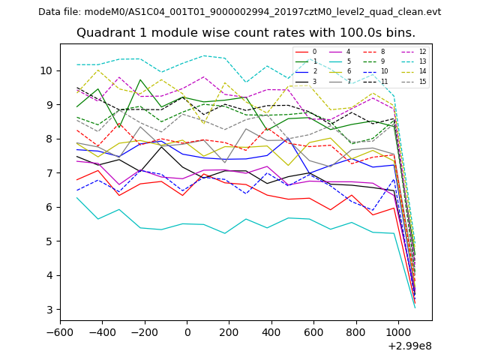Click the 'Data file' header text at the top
click(239, 12)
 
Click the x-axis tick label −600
click(61, 332)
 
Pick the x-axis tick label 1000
click(397, 332)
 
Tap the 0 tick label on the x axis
click(187, 332)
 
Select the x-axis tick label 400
click(271, 332)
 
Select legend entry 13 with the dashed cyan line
click(422, 61)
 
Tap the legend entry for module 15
click(422, 81)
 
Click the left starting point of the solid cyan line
click(77, 197)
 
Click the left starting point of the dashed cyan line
click(77, 64)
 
